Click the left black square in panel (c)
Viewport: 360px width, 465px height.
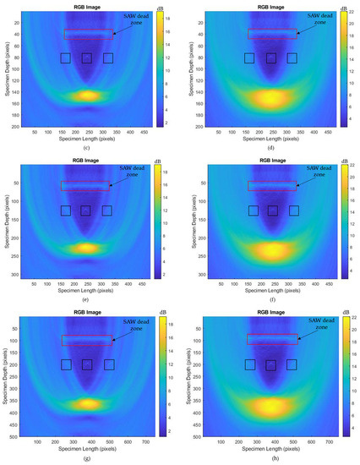click(x=66, y=58)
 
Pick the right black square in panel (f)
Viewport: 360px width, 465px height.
click(x=292, y=211)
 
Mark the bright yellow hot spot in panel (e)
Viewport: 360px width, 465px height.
click(x=86, y=248)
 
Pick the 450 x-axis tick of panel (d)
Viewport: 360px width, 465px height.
click(x=328, y=134)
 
